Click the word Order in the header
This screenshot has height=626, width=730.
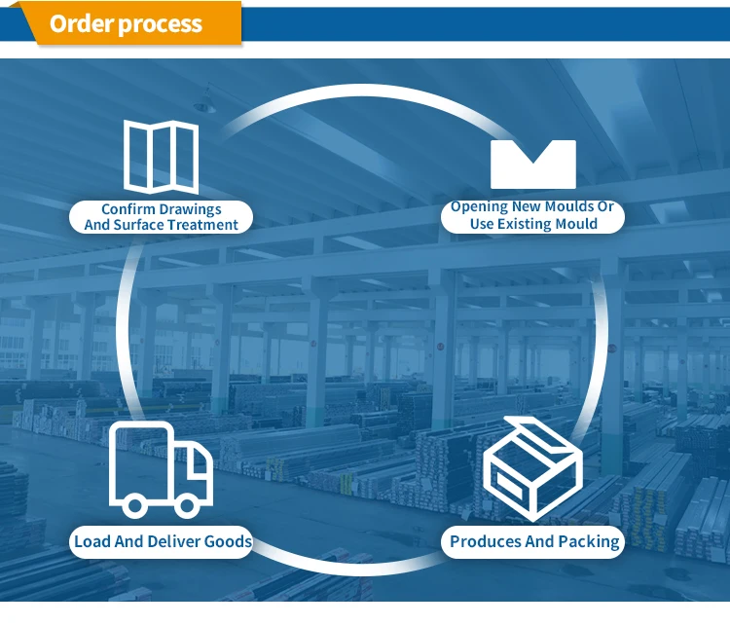(x=81, y=23)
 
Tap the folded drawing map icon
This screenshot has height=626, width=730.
(x=161, y=156)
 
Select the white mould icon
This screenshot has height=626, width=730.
(x=532, y=164)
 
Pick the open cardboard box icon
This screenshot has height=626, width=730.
(x=532, y=468)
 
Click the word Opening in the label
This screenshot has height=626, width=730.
(x=479, y=207)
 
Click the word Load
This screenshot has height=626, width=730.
(x=92, y=541)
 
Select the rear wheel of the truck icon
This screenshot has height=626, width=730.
(x=134, y=503)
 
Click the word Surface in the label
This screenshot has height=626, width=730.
(x=140, y=225)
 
